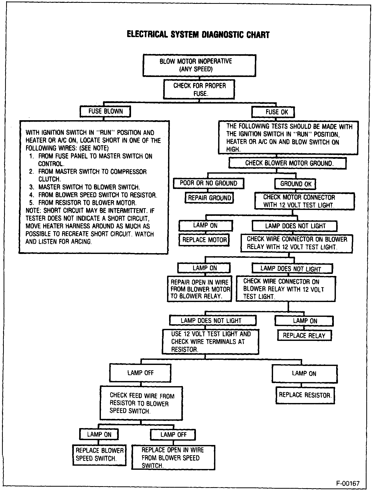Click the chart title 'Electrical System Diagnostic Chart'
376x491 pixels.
198,35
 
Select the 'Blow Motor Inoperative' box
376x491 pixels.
199,65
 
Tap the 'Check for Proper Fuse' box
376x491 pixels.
199,89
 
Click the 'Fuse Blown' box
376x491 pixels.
105,111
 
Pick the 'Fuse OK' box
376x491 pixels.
273,112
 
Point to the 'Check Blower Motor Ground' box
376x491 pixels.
287,163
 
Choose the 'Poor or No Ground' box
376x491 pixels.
208,183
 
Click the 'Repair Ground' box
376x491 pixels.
209,198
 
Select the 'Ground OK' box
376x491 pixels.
295,184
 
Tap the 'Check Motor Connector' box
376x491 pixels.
304,201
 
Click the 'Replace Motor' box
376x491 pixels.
204,240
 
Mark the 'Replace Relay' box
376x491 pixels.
304,336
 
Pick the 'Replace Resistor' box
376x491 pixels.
305,395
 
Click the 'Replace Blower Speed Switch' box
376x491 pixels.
99,455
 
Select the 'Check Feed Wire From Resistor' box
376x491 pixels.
141,403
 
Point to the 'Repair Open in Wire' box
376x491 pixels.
199,289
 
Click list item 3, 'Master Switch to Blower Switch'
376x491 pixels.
89,187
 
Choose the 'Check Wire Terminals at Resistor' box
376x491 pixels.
210,342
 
